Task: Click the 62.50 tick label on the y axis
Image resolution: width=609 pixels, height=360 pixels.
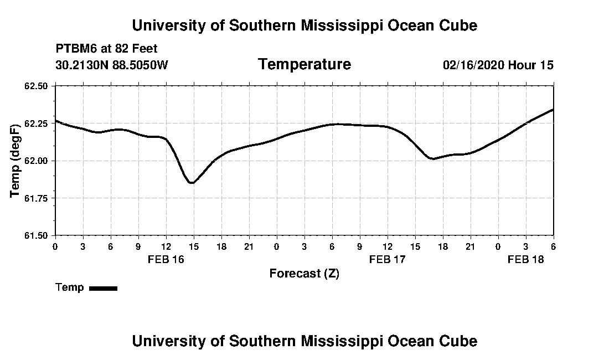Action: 37,86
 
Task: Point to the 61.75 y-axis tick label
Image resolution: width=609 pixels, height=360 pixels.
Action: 37,198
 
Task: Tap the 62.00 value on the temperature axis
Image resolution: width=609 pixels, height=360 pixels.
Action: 37,161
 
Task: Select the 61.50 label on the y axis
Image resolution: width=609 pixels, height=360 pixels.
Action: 37,235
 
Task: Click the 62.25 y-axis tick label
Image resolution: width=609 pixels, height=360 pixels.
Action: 37,123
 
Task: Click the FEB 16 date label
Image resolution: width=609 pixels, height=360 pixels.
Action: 166,259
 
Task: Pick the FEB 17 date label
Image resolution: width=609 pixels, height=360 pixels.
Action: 387,259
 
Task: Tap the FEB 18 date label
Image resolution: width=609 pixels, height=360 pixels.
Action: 525,259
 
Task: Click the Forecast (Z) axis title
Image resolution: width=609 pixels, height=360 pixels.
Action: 304,273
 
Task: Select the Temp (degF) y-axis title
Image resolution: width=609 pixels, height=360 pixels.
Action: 15,161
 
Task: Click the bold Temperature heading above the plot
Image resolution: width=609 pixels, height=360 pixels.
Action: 304,64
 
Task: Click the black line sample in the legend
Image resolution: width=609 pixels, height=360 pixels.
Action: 103,288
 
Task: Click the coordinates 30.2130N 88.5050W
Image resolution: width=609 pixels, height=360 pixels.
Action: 111,65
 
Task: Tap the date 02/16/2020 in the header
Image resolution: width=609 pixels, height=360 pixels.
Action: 473,65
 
